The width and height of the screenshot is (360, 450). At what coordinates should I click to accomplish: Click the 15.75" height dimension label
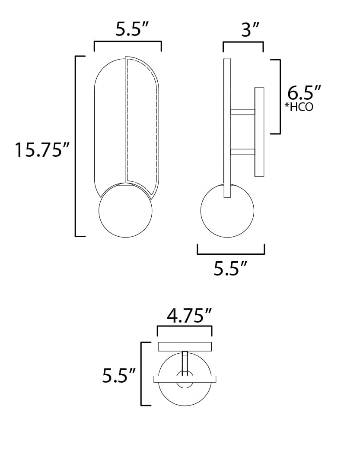click(42, 150)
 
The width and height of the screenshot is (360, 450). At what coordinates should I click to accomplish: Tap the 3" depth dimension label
click(250, 30)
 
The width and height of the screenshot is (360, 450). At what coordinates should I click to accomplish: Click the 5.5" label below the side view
click(230, 269)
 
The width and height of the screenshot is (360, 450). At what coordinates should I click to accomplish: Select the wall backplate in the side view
click(259, 132)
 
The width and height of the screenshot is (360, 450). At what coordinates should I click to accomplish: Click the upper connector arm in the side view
click(242, 112)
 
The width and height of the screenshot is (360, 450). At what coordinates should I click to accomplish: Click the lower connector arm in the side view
click(242, 152)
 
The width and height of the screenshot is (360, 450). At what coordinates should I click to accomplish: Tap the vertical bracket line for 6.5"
click(280, 96)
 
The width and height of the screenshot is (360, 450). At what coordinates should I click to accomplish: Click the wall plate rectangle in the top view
click(185, 346)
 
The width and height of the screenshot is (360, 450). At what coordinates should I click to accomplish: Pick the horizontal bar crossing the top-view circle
click(185, 379)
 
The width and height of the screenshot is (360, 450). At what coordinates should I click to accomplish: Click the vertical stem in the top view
click(185, 363)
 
